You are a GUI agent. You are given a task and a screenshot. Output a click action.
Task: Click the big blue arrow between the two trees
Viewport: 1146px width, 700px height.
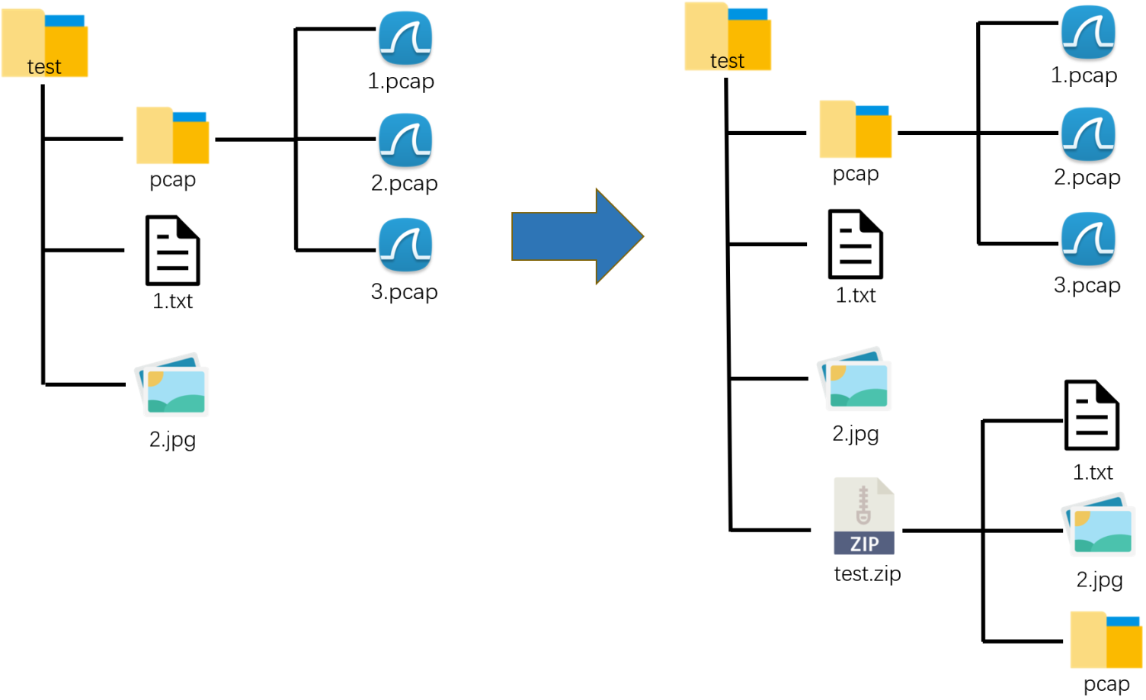(577, 236)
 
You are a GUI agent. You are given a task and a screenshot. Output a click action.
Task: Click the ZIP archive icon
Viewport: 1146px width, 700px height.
(863, 516)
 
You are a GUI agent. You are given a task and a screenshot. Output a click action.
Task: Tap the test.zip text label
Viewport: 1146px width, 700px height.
(867, 573)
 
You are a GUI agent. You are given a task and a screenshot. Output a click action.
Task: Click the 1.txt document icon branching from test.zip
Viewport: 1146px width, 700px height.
(1092, 416)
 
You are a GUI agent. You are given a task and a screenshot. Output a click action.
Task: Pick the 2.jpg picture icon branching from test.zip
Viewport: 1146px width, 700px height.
(1099, 526)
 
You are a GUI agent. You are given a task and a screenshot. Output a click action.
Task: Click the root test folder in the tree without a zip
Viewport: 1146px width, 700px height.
(45, 43)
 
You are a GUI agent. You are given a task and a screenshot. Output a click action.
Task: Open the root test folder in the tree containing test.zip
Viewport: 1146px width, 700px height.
(728, 37)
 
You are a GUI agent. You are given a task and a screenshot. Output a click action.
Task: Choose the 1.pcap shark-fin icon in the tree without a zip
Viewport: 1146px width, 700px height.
(405, 38)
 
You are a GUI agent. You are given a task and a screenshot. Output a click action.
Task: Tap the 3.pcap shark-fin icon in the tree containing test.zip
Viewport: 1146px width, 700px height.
(1088, 239)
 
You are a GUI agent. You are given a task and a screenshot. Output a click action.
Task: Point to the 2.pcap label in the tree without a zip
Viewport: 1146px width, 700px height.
(404, 184)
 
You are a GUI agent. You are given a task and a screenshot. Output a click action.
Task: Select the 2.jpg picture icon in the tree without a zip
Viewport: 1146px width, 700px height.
(172, 384)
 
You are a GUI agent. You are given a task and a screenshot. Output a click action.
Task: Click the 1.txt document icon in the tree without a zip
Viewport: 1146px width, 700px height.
(173, 250)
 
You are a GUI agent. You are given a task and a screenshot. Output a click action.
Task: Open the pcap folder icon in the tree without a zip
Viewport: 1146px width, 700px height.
(173, 136)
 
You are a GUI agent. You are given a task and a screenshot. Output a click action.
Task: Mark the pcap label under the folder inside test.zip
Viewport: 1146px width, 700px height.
(1106, 684)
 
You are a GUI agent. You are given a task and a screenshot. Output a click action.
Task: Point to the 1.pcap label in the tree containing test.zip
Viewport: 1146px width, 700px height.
(1084, 75)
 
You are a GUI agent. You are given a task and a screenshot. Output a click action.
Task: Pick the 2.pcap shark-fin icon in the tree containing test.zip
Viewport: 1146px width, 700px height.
(1088, 134)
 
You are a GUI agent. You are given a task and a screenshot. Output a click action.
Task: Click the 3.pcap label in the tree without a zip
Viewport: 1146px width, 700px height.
(404, 292)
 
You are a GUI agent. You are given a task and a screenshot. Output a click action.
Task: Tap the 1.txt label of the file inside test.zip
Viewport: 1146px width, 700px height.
(1093, 473)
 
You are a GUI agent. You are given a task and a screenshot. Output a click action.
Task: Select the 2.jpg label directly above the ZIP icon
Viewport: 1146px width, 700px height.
(856, 434)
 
